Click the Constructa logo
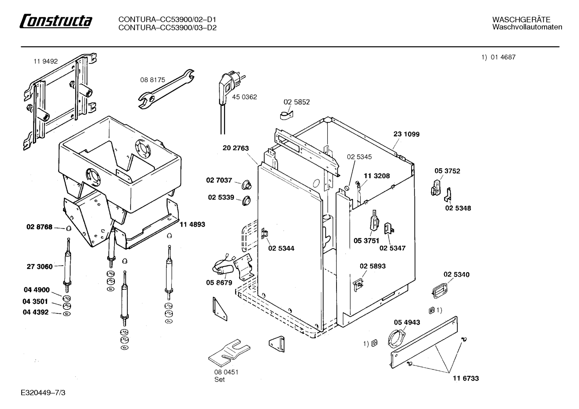coord(56,21)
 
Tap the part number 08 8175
coord(153,80)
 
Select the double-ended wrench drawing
coord(166,89)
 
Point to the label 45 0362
coord(245,97)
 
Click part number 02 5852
coord(296,102)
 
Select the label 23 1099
coord(407,134)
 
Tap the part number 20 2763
coord(236,148)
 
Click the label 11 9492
coord(45,61)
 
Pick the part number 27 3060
coord(39,267)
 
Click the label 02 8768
coord(39,227)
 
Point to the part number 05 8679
coord(219,283)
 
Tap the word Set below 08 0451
coord(220,380)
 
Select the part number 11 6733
coord(466,378)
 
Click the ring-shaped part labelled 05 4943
coord(396,338)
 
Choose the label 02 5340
coord(457,275)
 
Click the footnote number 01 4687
coord(503,57)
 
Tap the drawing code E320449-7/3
coord(43,393)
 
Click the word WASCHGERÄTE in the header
coord(521,20)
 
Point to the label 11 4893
coord(192,224)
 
